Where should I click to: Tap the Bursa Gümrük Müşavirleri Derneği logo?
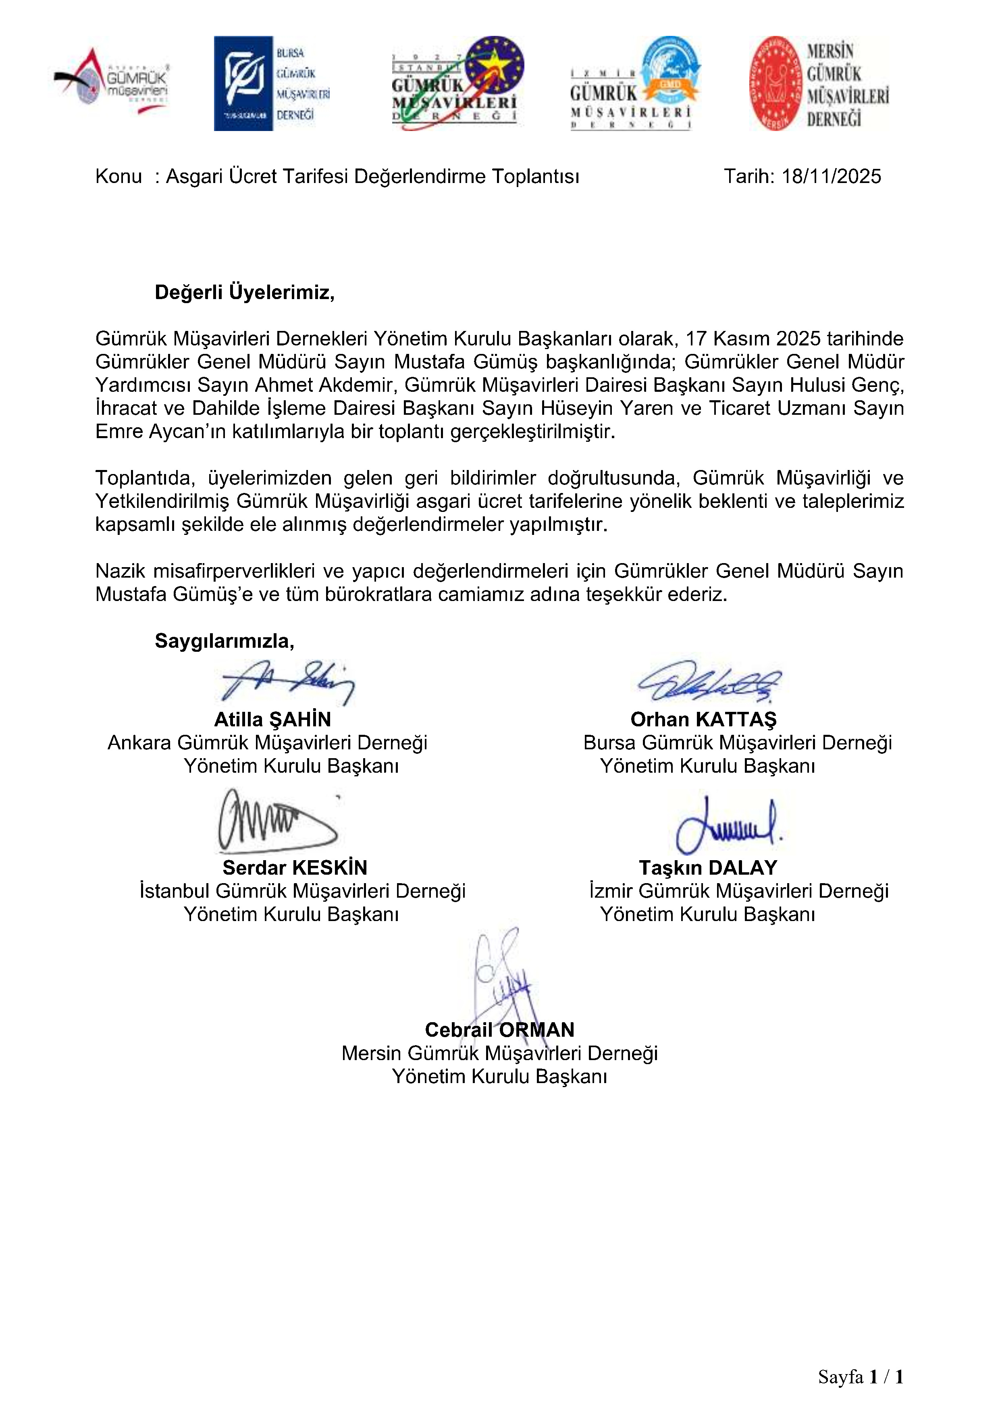[272, 83]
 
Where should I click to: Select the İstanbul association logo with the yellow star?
[457, 83]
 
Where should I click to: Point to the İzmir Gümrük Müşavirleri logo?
[634, 83]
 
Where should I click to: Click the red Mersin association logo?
[818, 83]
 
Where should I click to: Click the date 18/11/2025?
[831, 177]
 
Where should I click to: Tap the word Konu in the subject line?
[118, 177]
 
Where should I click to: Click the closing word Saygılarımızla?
[224, 641]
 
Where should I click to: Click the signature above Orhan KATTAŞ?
[708, 681]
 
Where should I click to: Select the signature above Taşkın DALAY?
[727, 824]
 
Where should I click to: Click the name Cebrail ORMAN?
[499, 1030]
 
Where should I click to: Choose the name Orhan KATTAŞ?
[703, 719]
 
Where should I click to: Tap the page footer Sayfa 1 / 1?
[860, 1377]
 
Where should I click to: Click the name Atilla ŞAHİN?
[272, 719]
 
